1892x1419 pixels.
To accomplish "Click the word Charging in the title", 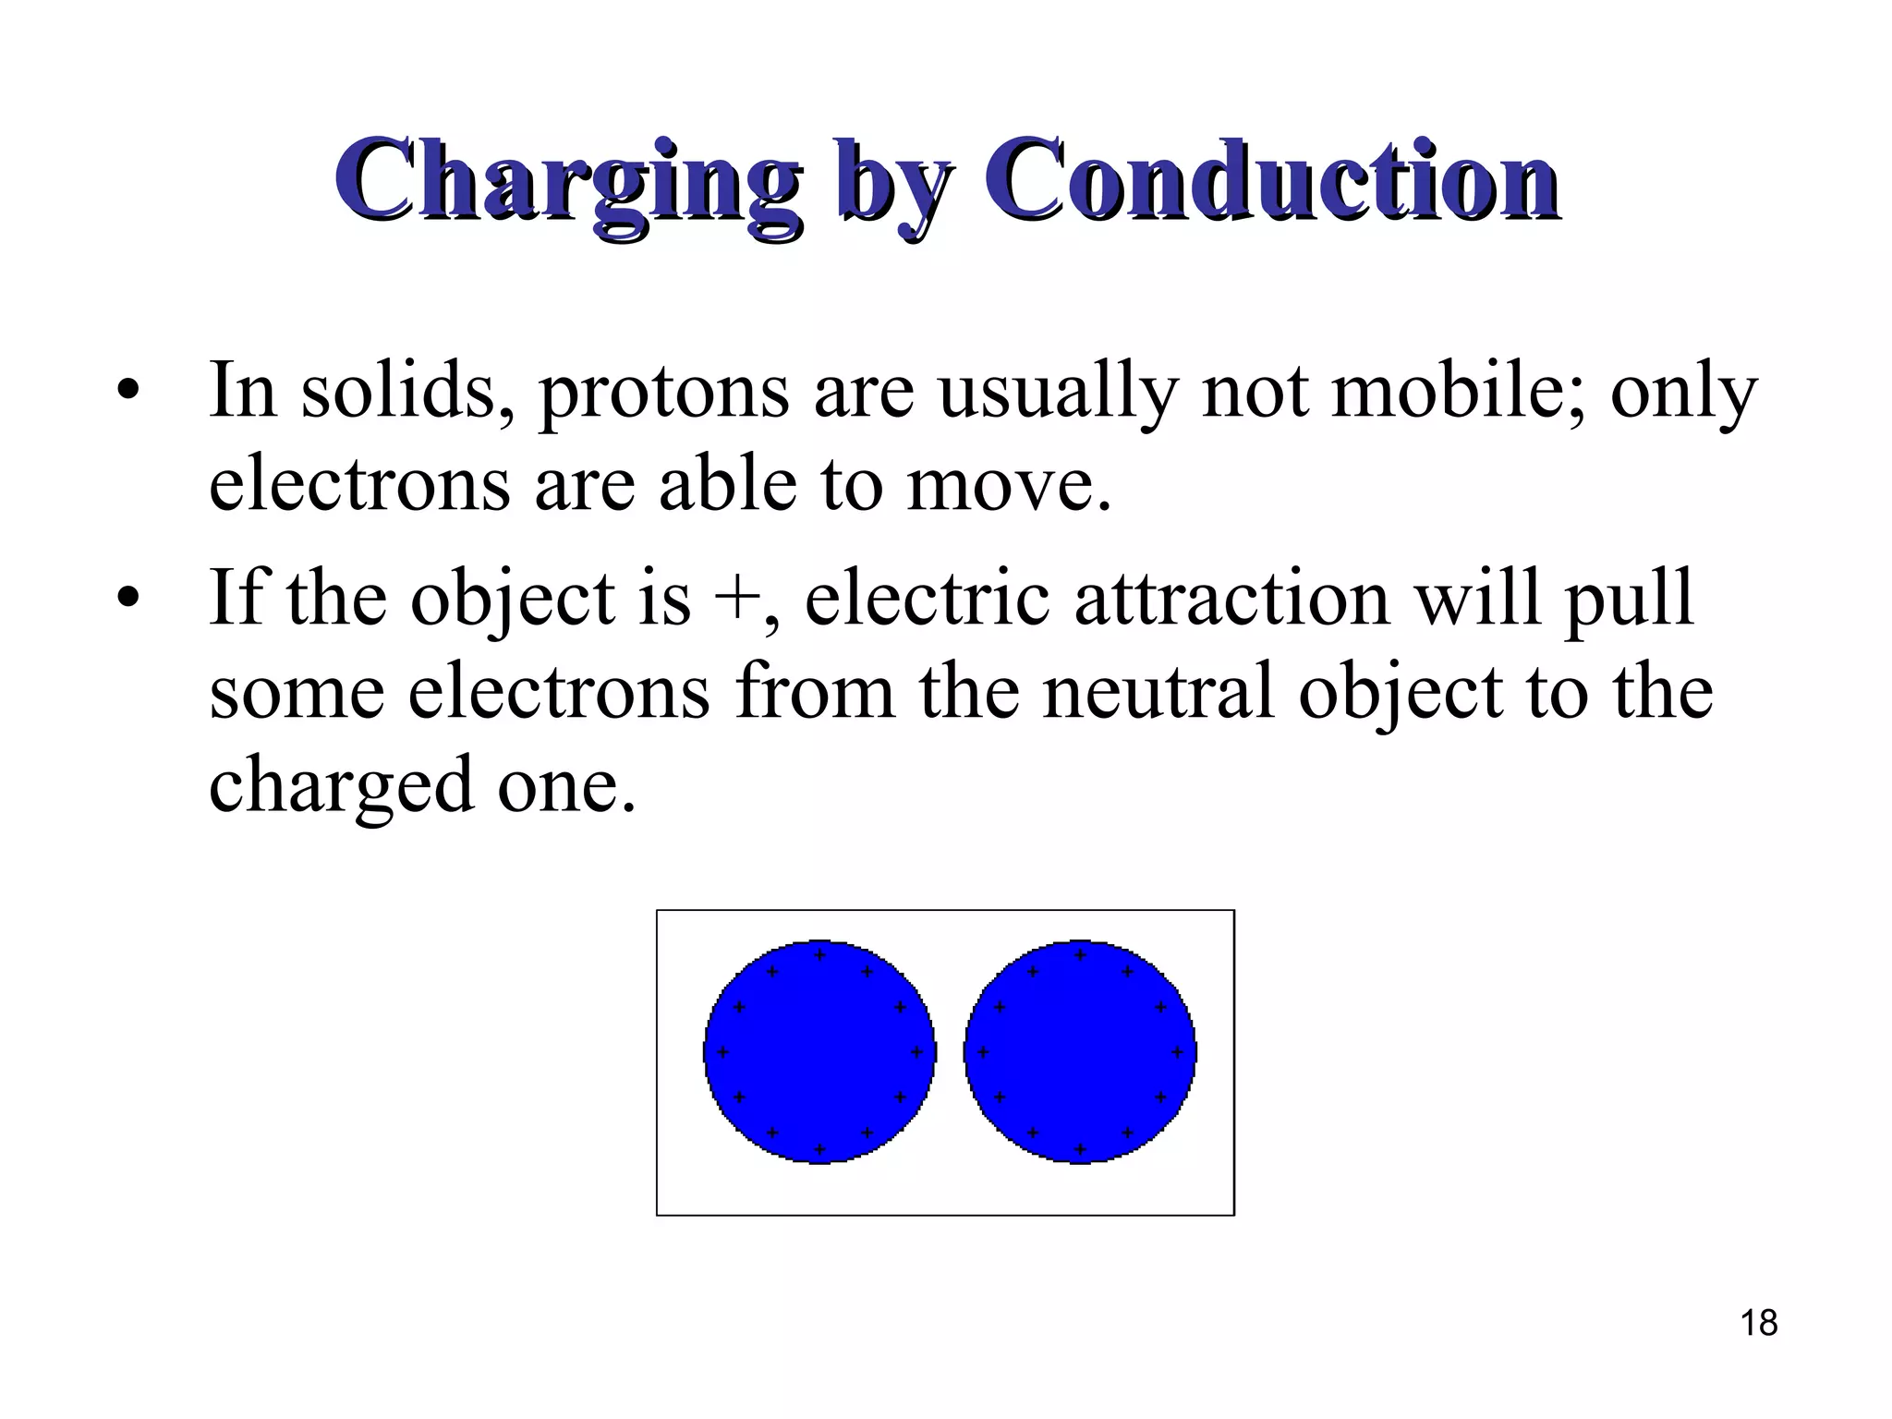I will click(x=565, y=181).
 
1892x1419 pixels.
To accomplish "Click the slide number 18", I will click(x=1759, y=1323).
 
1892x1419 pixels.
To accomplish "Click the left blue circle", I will click(x=819, y=1052).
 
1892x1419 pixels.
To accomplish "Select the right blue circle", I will click(x=1080, y=1052).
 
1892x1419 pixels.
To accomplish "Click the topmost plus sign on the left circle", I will click(x=819, y=954).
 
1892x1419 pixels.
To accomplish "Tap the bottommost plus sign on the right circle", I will click(x=1080, y=1150).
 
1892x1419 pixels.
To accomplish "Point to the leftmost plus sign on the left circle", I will click(x=722, y=1052).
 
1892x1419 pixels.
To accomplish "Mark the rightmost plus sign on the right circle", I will click(x=1177, y=1052).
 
